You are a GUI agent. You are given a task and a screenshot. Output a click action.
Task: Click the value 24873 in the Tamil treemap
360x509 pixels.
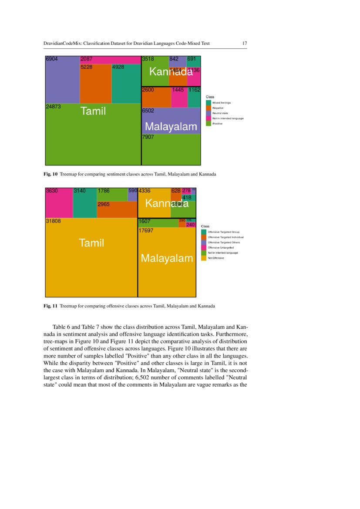tap(53, 106)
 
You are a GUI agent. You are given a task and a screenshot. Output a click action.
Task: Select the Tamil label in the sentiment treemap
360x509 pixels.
tap(93, 111)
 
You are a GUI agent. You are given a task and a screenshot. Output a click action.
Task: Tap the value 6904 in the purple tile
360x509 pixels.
tap(52, 59)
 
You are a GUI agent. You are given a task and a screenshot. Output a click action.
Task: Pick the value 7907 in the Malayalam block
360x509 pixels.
tap(148, 137)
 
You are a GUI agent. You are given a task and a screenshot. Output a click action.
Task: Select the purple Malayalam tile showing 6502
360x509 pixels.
tap(171, 118)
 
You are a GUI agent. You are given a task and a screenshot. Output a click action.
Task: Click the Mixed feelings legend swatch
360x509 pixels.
tap(209, 103)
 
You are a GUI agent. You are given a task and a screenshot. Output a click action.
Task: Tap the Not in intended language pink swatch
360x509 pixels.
tap(209, 118)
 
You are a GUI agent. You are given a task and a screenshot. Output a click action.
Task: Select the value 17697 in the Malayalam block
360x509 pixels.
tap(145, 231)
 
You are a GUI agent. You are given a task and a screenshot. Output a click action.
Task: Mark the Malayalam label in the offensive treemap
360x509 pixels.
tap(167, 259)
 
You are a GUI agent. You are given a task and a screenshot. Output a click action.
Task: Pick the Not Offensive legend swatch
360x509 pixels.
tap(203, 258)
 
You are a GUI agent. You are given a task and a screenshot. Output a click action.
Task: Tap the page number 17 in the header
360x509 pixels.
tap(245, 44)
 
